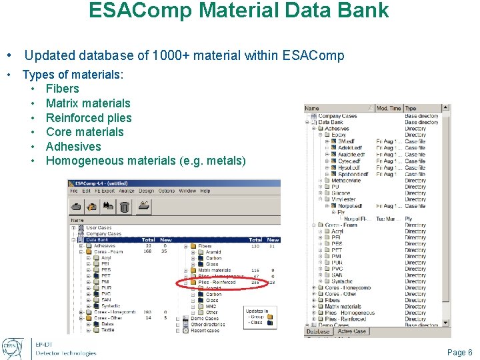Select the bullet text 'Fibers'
[62, 89]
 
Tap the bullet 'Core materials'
[85, 132]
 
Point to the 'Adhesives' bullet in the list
[73, 147]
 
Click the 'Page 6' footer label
[460, 352]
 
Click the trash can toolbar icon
[124, 207]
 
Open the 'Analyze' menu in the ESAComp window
[128, 191]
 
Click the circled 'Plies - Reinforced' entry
[217, 283]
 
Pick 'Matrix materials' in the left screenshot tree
[215, 271]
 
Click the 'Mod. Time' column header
[389, 108]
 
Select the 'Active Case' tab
[351, 331]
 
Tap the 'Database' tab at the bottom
[318, 331]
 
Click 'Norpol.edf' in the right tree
[351, 205]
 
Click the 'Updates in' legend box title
[257, 311]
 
